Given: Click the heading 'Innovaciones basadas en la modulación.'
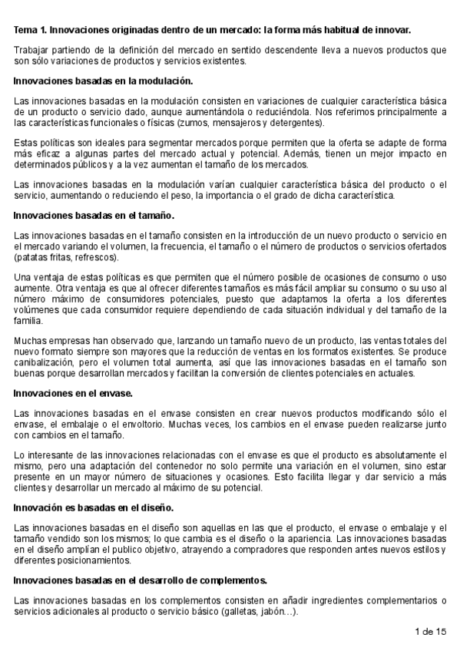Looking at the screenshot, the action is (104, 81).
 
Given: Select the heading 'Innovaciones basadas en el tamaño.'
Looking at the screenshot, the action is (94, 215).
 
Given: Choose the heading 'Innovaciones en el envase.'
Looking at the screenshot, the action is (74, 393).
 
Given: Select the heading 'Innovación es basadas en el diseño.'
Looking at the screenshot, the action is (94, 507).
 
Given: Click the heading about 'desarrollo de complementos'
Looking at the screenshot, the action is (141, 580).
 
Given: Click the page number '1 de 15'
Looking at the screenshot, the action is (429, 632).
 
